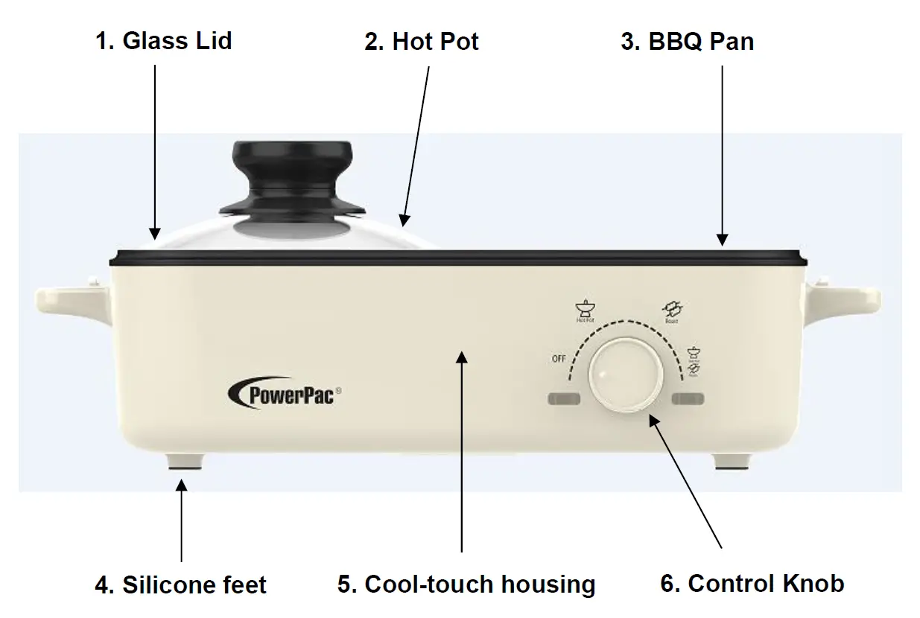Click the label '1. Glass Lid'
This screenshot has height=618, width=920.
click(x=163, y=40)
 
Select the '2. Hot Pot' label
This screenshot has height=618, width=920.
click(x=421, y=42)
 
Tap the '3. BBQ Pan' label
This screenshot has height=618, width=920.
click(x=687, y=42)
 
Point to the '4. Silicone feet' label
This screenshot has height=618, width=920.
click(x=180, y=585)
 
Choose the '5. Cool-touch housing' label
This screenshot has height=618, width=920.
click(x=466, y=584)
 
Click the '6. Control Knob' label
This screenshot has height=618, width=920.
click(x=752, y=584)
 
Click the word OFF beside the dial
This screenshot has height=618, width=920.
click(x=559, y=359)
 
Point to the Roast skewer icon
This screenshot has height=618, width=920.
click(x=673, y=308)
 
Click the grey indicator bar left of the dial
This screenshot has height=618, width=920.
click(x=564, y=400)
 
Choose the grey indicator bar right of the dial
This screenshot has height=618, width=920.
click(x=687, y=400)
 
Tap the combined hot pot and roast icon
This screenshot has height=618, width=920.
click(x=694, y=358)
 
